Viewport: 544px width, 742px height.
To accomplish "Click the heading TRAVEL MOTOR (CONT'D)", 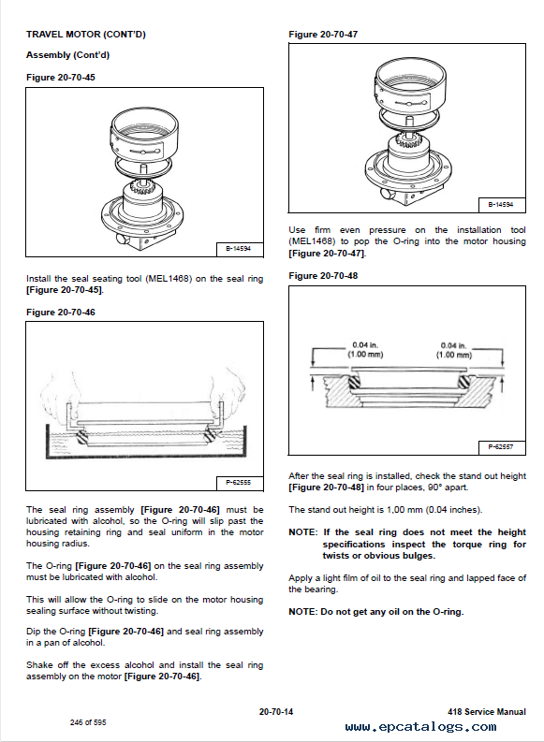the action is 86,34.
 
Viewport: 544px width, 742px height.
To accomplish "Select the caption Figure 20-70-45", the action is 61,77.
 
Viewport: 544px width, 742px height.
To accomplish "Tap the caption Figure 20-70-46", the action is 61,312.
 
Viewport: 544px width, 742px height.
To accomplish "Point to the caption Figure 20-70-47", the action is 323,34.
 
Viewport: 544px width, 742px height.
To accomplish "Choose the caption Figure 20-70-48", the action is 323,275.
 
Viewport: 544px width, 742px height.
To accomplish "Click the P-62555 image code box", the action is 240,483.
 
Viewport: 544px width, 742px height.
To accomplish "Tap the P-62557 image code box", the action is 502,446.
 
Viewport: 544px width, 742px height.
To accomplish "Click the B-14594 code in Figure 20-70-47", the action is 502,204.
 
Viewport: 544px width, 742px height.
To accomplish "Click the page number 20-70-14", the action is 276,712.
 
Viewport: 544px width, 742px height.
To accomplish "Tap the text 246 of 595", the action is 88,722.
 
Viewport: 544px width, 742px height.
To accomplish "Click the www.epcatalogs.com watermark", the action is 421,727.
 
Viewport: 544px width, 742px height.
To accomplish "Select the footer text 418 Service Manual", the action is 487,712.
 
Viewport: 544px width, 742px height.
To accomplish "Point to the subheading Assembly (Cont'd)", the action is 67,55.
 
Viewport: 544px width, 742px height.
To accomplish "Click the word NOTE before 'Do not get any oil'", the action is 303,611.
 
